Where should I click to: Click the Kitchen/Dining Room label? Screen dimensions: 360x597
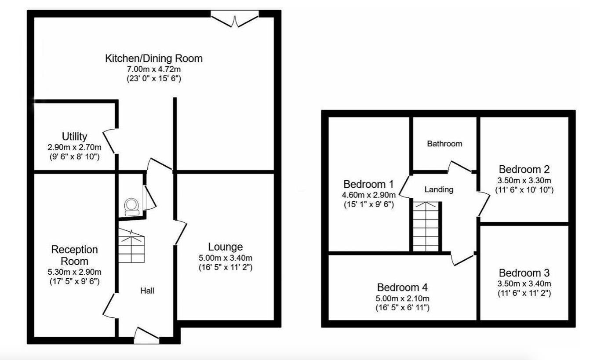coord(153,58)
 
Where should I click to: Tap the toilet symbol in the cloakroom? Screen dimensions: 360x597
coord(131,207)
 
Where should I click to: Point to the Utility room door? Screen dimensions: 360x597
coord(110,141)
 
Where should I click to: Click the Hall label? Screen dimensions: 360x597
coord(147,291)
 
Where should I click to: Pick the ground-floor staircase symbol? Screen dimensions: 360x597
coord(131,247)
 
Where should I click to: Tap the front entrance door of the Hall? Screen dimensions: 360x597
coord(146,335)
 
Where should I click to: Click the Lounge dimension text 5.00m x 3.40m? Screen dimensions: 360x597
coord(225,258)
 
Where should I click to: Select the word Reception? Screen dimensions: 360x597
coord(75,250)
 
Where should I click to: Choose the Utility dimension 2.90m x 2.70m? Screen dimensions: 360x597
coord(75,147)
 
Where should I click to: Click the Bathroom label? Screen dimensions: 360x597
coord(444,144)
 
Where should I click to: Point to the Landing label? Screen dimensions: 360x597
coord(439,190)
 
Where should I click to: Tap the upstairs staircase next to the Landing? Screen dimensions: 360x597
coord(426,226)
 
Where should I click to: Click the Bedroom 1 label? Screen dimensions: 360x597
coord(369,184)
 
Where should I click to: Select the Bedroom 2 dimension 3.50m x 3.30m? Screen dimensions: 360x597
coord(524,180)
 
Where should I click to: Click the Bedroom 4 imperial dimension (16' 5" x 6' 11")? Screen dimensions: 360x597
coord(403,308)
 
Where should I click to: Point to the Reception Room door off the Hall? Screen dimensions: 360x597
coord(109,305)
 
